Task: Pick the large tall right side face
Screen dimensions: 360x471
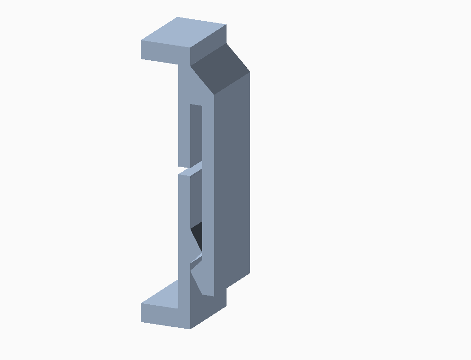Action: [233, 184]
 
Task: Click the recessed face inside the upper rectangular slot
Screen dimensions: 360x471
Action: [196, 134]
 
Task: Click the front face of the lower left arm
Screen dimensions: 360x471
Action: [184, 221]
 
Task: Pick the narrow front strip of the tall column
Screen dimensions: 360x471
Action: [208, 184]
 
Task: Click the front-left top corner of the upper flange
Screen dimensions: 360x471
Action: [141, 41]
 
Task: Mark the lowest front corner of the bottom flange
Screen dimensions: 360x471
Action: [190, 329]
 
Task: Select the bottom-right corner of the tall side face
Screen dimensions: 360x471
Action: [250, 273]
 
